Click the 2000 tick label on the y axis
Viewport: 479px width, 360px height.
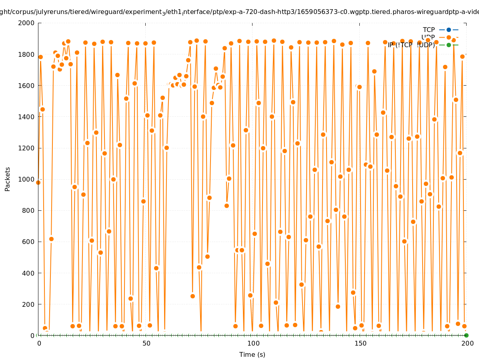26,23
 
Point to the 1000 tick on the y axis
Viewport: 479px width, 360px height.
26,179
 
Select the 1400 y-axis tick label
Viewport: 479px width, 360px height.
26,117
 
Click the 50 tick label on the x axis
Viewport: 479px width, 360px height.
146,344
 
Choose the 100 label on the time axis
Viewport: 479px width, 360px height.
253,344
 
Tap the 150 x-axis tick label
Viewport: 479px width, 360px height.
360,344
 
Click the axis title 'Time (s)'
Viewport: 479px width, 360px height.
252,355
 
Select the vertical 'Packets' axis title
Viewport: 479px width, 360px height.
8,179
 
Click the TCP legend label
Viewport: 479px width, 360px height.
429,30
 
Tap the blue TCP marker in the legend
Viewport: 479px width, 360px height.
449,30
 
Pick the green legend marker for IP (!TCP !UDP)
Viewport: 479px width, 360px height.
449,45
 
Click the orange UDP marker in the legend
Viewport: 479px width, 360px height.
449,37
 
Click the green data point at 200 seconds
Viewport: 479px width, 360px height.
466,335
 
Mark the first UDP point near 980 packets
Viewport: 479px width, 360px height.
38,182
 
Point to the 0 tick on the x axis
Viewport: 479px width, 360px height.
39,344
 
